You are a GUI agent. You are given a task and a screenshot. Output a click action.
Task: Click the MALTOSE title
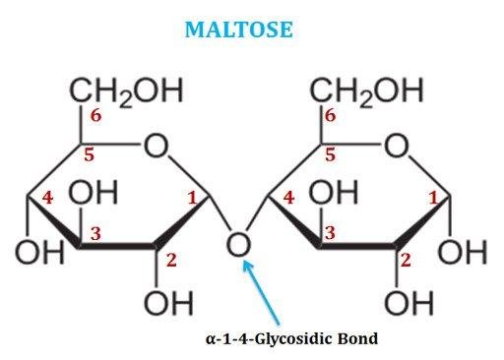click(x=238, y=30)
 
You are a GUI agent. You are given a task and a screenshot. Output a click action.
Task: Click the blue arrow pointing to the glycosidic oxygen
click(x=261, y=292)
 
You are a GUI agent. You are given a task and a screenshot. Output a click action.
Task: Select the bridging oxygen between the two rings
click(x=239, y=244)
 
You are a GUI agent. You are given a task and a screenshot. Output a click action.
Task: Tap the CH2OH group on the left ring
click(x=126, y=91)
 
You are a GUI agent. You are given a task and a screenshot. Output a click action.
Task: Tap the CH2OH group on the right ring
click(x=366, y=91)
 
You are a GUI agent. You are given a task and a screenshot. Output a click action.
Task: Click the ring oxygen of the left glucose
click(x=157, y=146)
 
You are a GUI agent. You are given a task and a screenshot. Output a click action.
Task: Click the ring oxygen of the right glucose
click(x=397, y=146)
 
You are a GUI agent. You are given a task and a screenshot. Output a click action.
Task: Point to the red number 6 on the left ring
click(x=95, y=115)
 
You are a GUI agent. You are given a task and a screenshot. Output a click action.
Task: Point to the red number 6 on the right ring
click(x=331, y=115)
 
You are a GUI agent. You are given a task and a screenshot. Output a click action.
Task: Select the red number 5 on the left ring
click(x=89, y=154)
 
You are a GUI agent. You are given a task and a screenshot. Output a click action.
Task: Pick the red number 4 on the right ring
click(x=288, y=198)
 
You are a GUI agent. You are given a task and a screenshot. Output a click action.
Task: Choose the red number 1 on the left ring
click(x=192, y=198)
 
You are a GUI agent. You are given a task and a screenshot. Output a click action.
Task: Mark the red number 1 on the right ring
click(x=433, y=198)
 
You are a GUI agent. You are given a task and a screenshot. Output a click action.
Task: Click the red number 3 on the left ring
click(x=95, y=234)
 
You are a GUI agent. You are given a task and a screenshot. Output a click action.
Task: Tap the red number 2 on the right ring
click(x=406, y=261)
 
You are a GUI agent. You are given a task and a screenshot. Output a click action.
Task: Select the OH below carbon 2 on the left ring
click(x=168, y=303)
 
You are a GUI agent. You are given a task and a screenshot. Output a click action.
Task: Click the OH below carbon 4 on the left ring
click(x=40, y=252)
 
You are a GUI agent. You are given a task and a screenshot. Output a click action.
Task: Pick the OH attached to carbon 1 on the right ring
click(x=463, y=252)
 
